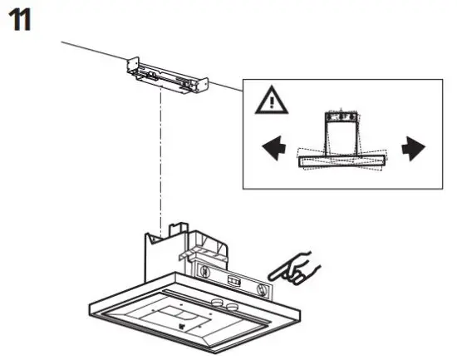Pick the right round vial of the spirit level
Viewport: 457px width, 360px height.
[263, 289]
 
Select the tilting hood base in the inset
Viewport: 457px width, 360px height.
[342, 159]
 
